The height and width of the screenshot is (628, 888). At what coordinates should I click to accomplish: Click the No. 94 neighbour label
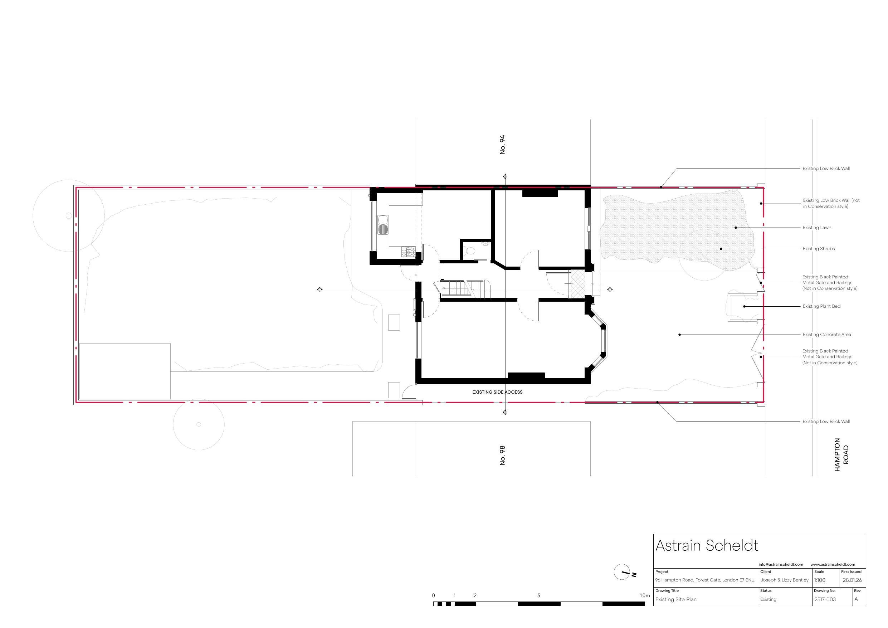tap(502, 145)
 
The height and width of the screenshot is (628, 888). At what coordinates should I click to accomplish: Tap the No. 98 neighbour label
tap(502, 456)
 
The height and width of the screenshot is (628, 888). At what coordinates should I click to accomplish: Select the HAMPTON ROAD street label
tap(841, 455)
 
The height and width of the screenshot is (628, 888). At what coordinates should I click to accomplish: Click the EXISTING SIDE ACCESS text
tap(497, 392)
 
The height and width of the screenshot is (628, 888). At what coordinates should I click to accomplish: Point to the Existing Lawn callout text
tap(817, 228)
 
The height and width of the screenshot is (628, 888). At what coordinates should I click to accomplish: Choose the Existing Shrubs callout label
tap(818, 249)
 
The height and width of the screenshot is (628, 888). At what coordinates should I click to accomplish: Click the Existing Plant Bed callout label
tap(821, 306)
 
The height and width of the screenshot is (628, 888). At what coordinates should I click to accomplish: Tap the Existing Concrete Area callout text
tap(826, 335)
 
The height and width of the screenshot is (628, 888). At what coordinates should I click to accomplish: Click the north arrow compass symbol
tap(622, 572)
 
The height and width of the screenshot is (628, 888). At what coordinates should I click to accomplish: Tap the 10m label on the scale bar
tap(644, 595)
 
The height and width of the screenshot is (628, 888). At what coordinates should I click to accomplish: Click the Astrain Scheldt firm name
tap(707, 546)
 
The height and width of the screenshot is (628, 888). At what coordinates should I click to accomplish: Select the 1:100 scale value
tap(820, 580)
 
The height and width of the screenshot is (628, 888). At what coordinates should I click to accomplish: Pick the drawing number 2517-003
tap(825, 599)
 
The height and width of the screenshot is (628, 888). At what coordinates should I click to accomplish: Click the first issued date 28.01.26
tap(852, 580)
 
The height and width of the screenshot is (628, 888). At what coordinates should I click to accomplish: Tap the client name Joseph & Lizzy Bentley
tap(784, 580)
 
